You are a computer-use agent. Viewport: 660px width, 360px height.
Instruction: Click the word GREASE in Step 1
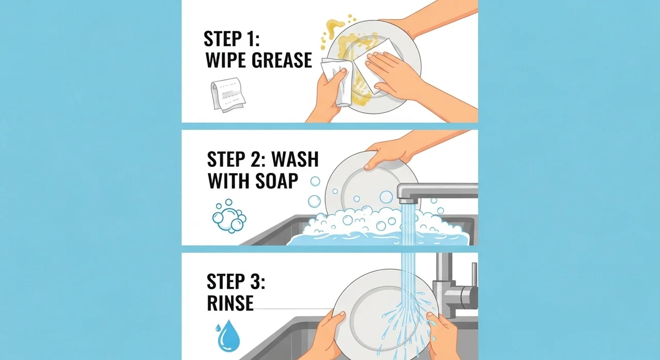[x=282, y=60]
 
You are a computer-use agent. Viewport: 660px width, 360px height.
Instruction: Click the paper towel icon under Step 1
[x=228, y=95]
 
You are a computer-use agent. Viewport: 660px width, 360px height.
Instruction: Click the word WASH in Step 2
[x=295, y=159]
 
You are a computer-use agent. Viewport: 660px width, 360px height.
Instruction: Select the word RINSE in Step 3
[x=230, y=303]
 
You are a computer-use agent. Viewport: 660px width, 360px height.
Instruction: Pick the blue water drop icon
[x=228, y=336]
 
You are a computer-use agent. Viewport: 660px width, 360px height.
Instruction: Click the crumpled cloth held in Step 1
[x=337, y=81]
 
